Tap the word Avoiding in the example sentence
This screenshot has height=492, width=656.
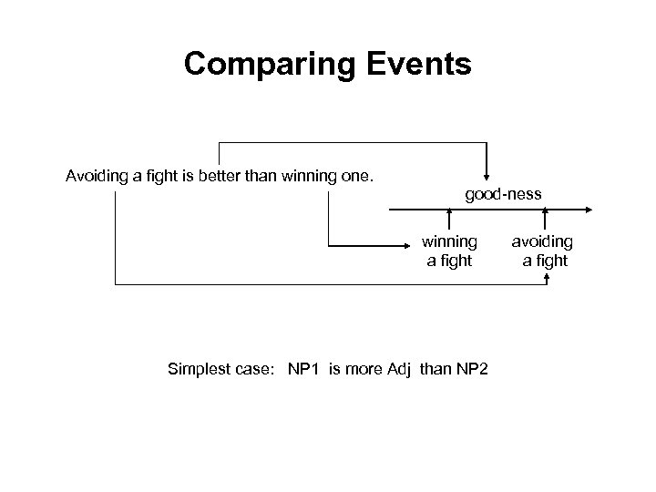click(x=97, y=175)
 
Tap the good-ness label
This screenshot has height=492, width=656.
click(x=503, y=193)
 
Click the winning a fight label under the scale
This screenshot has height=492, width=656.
click(x=448, y=251)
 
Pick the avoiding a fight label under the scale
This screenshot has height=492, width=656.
click(x=544, y=251)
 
